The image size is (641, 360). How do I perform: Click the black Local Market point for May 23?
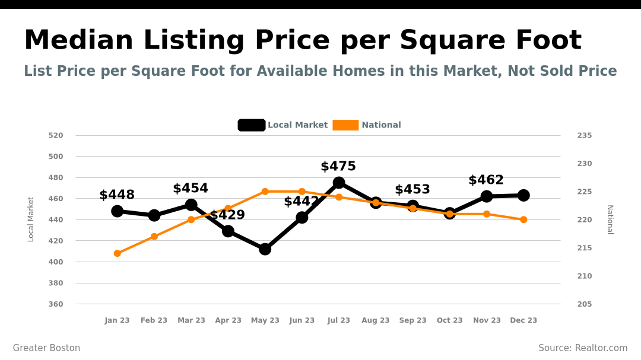265,249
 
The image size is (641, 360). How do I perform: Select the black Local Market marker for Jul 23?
339,183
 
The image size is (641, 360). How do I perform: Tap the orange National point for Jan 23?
117,253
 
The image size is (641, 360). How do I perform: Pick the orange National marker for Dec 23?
523,219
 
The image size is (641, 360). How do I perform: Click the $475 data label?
338,167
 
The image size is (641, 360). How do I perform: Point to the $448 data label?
117,195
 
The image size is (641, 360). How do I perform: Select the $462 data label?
486,180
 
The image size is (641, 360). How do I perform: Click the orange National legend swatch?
345,125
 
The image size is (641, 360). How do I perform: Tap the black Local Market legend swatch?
252,125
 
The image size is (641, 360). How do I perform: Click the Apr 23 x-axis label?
228,320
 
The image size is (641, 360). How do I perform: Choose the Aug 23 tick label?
376,320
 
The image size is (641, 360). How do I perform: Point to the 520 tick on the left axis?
56,135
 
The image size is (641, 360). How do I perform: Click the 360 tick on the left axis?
56,304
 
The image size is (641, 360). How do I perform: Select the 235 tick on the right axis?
585,135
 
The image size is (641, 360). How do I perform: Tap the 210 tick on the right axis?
585,276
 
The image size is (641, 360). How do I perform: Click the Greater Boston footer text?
46,348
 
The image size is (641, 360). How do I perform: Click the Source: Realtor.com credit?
583,348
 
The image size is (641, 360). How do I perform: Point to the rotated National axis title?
610,219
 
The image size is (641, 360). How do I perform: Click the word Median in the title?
79,40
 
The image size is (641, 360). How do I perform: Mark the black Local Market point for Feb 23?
154,215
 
